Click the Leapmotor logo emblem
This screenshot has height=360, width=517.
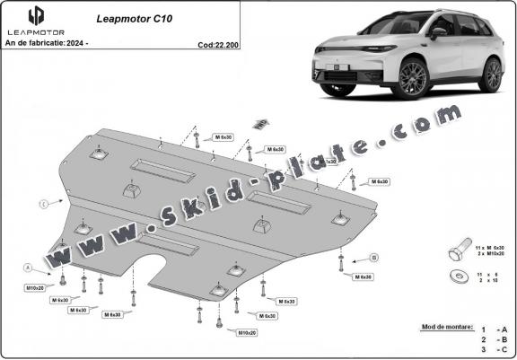36,15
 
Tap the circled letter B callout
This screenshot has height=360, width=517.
372,258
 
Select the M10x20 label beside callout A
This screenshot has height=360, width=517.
35,287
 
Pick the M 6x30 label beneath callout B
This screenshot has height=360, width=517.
363,277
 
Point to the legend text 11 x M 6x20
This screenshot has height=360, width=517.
490,245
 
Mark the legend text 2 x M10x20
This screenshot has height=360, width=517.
490,253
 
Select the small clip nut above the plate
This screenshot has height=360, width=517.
262,123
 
